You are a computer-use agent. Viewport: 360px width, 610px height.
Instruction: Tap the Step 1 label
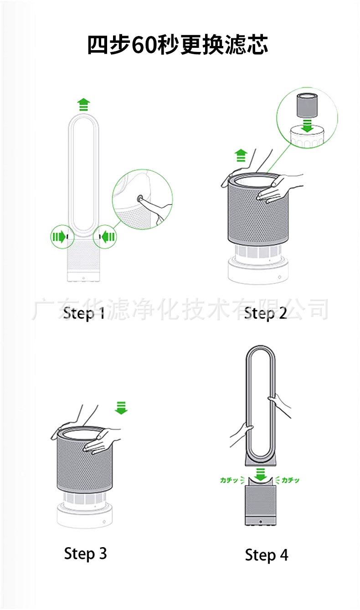coord(84,313)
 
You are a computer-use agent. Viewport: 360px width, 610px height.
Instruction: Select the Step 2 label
coord(266,313)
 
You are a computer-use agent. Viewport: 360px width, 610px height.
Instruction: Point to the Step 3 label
coord(86,546)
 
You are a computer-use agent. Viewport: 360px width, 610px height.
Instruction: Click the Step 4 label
coord(267,547)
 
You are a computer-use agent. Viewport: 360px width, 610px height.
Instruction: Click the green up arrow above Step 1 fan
coord(83,105)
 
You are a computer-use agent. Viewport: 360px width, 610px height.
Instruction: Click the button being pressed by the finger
coord(141,199)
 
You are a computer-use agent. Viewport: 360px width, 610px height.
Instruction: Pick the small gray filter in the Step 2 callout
coord(307,105)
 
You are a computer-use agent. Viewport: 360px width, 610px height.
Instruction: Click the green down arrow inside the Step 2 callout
coord(308,126)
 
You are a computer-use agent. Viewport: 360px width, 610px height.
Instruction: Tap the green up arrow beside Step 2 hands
coord(241,155)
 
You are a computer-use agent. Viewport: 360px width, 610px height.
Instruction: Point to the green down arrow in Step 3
coord(121,408)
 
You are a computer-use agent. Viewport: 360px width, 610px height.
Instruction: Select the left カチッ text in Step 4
coord(229,480)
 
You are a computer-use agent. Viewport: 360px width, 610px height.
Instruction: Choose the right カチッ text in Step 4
coord(290,480)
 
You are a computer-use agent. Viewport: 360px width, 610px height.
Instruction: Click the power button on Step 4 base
coord(261,522)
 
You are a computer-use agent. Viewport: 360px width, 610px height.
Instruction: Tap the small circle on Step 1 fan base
coord(83,278)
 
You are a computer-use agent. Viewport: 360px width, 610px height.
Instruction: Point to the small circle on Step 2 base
coord(279,277)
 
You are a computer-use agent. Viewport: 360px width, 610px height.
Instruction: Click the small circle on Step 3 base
coord(104,522)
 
